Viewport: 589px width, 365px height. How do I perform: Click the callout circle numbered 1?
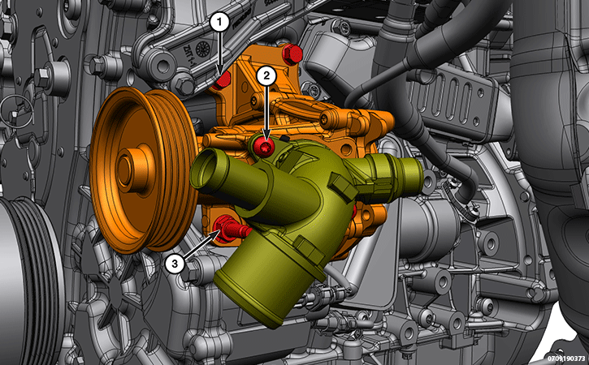(x=219, y=23)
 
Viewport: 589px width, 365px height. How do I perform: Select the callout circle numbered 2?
(x=266, y=76)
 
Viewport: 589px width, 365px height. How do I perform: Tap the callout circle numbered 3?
(x=175, y=264)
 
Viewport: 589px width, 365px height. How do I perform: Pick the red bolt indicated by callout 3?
(x=229, y=229)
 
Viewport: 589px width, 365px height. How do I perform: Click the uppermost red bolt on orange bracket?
(x=292, y=54)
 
